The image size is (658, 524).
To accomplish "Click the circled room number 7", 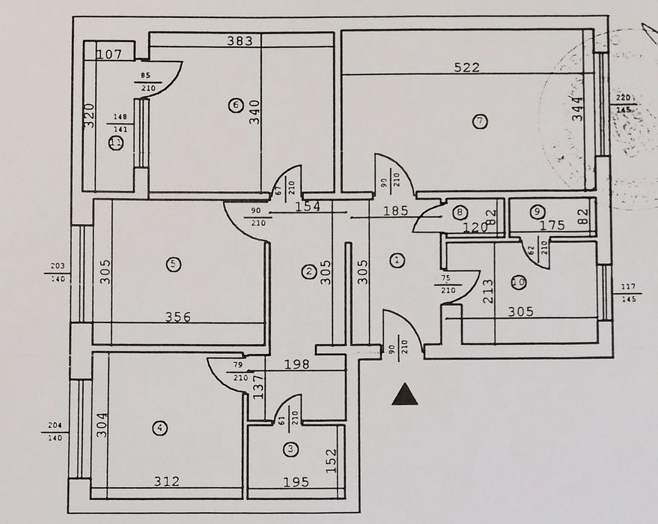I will click(480, 121).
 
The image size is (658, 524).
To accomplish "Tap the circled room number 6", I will click(236, 106).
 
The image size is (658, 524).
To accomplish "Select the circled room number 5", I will click(173, 264).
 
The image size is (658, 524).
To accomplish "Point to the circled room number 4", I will click(159, 428).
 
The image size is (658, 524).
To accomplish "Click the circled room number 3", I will click(290, 450).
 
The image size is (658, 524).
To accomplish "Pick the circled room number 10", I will click(518, 282).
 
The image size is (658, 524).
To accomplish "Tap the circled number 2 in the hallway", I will click(308, 271).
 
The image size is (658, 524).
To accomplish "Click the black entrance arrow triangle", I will click(404, 394).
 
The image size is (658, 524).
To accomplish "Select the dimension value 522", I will click(466, 67).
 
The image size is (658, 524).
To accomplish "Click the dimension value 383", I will click(240, 41).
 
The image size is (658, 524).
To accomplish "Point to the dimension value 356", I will click(177, 317).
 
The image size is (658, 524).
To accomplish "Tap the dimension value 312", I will click(167, 482).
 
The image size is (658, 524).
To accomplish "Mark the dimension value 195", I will click(297, 482).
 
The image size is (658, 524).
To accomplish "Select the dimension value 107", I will click(109, 54).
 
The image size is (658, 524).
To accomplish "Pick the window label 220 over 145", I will click(623, 103).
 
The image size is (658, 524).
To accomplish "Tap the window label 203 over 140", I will click(57, 271).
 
